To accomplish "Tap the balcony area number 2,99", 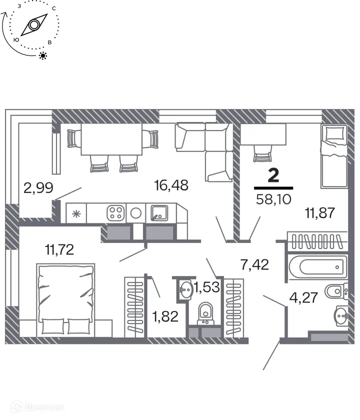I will pyautogui.click(x=38, y=188).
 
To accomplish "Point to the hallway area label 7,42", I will pyautogui.click(x=255, y=265).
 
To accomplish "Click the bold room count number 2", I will pyautogui.click(x=273, y=175).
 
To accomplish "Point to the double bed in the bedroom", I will pyautogui.click(x=65, y=299).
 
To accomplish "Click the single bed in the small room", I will pyautogui.click(x=334, y=161).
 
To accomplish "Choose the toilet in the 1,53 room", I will pyautogui.click(x=205, y=313).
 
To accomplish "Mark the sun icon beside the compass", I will pyautogui.click(x=43, y=55).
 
